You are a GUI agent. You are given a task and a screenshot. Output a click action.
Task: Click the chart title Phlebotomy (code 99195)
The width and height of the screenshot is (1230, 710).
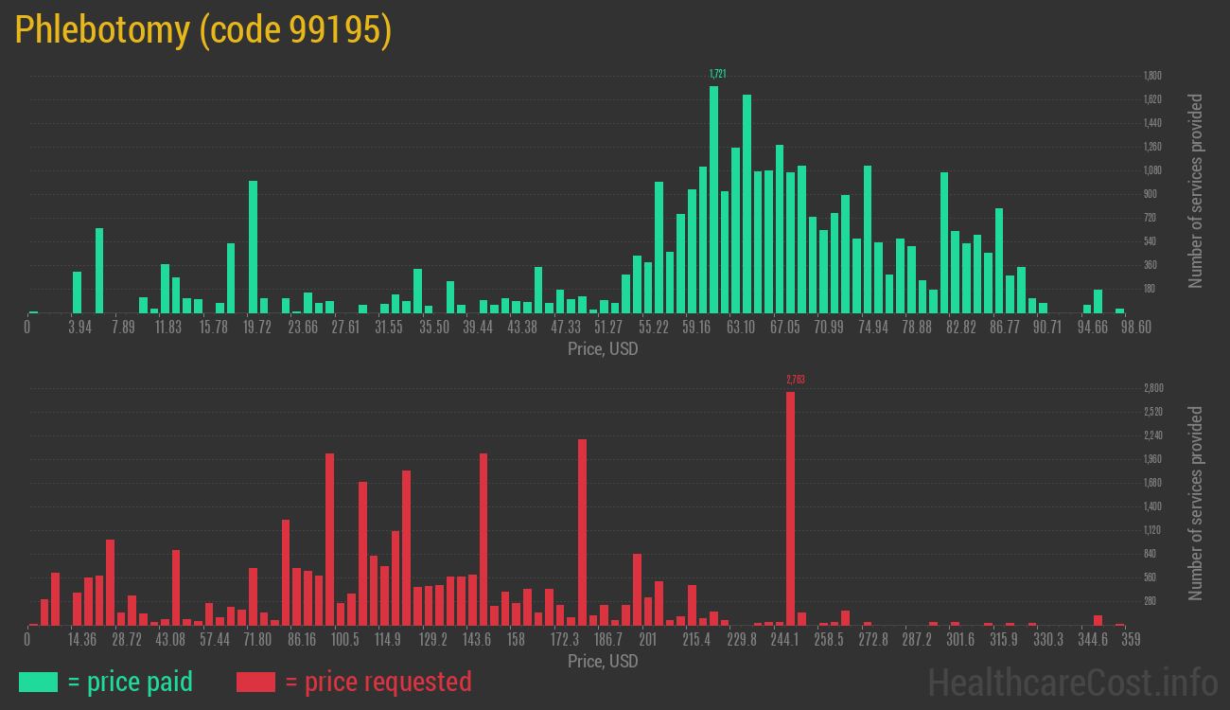(x=202, y=30)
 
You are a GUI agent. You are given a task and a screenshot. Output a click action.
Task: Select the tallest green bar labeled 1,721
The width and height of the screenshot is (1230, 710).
(x=713, y=199)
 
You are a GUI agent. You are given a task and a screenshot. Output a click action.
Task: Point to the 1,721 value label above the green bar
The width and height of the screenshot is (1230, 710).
(x=718, y=74)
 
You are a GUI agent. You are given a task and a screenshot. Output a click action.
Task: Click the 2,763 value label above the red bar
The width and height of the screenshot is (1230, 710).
(x=795, y=380)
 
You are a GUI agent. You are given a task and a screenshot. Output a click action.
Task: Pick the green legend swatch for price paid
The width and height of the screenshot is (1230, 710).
(x=38, y=682)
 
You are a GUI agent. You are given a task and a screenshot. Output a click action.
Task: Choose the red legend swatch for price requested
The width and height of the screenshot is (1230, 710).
(x=255, y=682)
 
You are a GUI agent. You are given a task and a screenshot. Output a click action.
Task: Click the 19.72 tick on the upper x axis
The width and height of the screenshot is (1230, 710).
(x=257, y=328)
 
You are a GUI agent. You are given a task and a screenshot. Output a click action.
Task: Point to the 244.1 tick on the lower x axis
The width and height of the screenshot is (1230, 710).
(x=784, y=640)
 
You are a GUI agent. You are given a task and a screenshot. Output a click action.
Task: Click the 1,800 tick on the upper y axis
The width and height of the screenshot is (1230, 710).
(x=1152, y=76)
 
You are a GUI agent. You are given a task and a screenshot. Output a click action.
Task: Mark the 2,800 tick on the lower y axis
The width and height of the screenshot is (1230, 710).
(x=1152, y=388)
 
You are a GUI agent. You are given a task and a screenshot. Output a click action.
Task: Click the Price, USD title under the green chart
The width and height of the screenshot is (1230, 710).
(x=603, y=349)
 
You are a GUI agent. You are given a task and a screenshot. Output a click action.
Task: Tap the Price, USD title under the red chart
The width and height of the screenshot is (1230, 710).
(x=603, y=661)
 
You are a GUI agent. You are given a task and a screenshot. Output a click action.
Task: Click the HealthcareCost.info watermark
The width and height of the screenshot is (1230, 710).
(x=1072, y=682)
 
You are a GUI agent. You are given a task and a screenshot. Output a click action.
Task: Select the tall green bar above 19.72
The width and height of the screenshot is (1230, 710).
(x=253, y=246)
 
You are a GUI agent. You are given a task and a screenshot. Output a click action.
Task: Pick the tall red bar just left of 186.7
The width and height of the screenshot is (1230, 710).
(x=582, y=532)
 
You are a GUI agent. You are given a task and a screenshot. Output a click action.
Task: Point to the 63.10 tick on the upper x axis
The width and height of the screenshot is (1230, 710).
(x=741, y=328)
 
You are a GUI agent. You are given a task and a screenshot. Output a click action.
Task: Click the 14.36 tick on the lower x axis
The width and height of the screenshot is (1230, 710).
(x=82, y=640)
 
